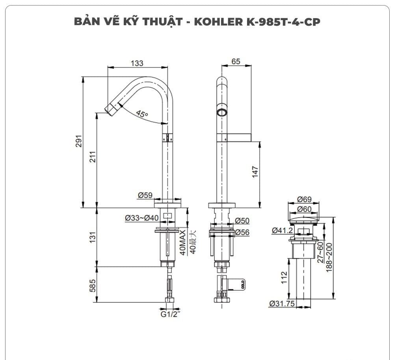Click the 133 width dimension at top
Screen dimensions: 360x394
pos(137,63)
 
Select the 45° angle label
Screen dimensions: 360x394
pos(142,114)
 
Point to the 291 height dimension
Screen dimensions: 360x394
pos(78,142)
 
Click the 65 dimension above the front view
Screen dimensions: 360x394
pos(236,62)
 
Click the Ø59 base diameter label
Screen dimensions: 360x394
pos(145,195)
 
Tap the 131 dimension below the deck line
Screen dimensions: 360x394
pos(93,237)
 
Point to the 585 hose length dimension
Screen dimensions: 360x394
pos(93,285)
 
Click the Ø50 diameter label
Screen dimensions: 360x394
pos(242,220)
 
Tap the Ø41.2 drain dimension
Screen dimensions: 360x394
pos(282,230)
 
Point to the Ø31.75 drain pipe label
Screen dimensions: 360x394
pos(283,304)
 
